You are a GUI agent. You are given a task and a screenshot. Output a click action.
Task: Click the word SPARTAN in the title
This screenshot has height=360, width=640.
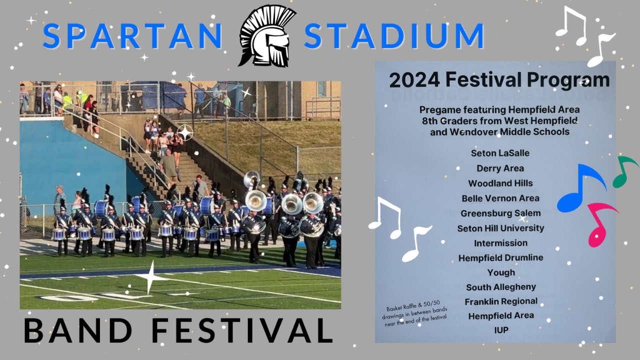click(132, 36)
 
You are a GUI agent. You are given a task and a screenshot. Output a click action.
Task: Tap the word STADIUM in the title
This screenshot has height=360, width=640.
click(394, 36)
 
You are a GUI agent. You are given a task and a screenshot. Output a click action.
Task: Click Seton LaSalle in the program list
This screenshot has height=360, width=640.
click(500, 153)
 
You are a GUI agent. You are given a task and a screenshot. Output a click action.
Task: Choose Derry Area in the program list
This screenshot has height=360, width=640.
click(500, 168)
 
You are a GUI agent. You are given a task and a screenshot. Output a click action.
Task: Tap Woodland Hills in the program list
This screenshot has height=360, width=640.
click(500, 183)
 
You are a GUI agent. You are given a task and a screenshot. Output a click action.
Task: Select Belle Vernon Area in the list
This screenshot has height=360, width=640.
click(500, 198)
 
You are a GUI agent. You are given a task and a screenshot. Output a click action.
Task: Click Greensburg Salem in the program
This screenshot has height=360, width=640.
click(500, 213)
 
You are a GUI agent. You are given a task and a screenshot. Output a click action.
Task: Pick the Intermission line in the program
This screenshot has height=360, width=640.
click(500, 243)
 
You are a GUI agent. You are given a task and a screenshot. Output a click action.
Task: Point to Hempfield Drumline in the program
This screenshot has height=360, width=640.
click(500, 258)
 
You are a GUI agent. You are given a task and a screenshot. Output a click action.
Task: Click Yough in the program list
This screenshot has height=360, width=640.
click(501, 272)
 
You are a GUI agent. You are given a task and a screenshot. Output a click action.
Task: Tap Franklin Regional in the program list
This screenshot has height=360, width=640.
click(501, 301)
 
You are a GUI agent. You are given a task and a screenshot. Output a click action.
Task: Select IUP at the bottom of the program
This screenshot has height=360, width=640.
click(501, 330)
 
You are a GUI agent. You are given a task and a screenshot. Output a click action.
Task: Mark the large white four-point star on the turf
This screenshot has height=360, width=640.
click(150, 276)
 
